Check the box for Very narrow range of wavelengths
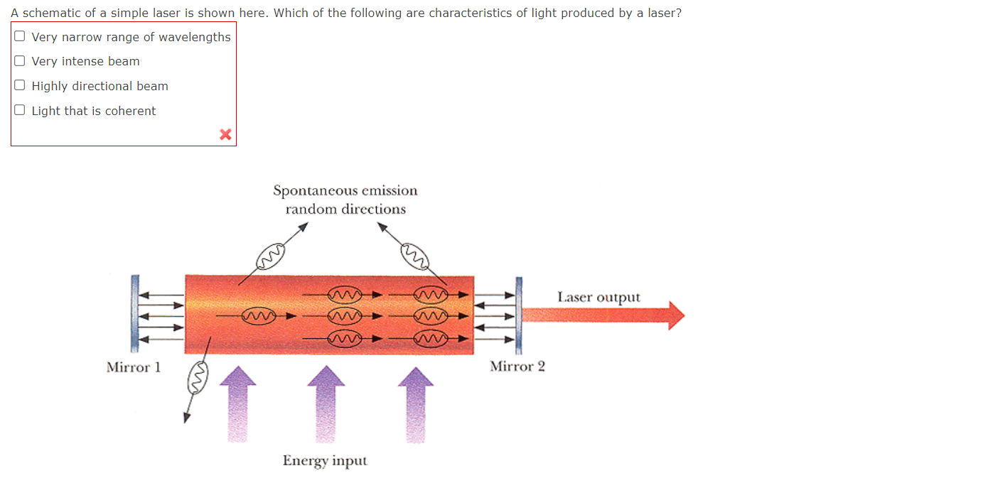pyautogui.click(x=20, y=36)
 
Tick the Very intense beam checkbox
pyautogui.click(x=20, y=61)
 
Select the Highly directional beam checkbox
pyautogui.click(x=20, y=86)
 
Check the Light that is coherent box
pyautogui.click(x=20, y=110)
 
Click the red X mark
pyautogui.click(x=225, y=134)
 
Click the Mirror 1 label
pyautogui.click(x=133, y=367)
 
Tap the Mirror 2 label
pyautogui.click(x=517, y=367)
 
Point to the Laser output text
pyautogui.click(x=598, y=297)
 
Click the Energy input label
pyautogui.click(x=325, y=460)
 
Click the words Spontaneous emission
pyautogui.click(x=345, y=190)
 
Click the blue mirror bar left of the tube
pyautogui.click(x=134, y=314)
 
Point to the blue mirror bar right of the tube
pyautogui.click(x=519, y=315)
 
